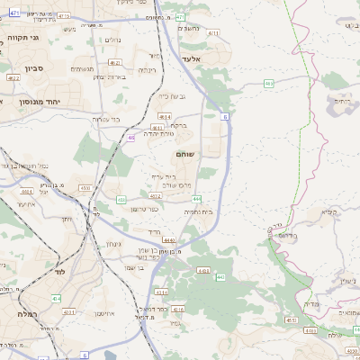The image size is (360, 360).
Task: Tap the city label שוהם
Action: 170,155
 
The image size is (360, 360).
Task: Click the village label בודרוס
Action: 289,236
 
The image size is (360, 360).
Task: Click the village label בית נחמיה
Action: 202,211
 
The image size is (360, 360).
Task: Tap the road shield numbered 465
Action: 268,83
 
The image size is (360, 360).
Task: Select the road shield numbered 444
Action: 195,198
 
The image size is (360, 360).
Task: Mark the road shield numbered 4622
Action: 13,78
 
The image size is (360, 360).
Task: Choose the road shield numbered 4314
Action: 162,292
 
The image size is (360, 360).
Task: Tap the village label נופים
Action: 114,40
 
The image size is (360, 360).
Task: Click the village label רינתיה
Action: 147,69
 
